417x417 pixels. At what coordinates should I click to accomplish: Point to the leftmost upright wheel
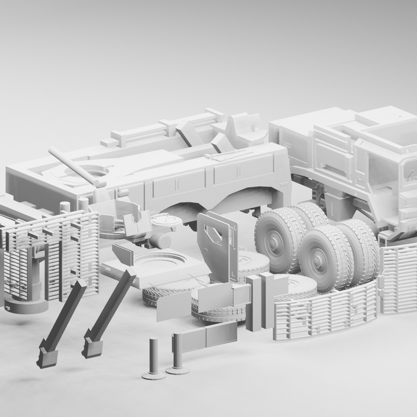[x=276, y=237]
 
